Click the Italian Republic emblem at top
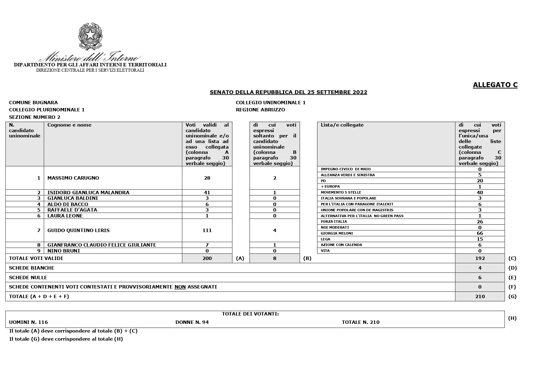click(x=90, y=36)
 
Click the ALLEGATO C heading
click(x=495, y=85)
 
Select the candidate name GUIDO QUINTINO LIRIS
click(x=78, y=230)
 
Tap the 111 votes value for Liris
click(x=207, y=230)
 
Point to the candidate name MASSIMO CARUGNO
click(x=73, y=178)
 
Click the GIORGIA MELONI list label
click(x=337, y=233)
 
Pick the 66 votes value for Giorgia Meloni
click(x=480, y=233)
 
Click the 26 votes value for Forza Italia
click(x=480, y=222)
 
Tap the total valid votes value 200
click(x=207, y=258)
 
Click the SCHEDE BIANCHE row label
click(x=32, y=268)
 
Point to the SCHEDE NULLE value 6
click(x=480, y=277)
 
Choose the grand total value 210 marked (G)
click(x=480, y=296)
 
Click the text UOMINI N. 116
click(x=29, y=322)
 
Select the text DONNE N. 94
click(x=192, y=322)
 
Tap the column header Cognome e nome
click(x=69, y=125)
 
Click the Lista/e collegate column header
click(x=342, y=125)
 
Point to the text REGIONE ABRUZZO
click(x=260, y=110)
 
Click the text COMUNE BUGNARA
click(x=33, y=102)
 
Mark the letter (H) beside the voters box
click(x=512, y=318)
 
